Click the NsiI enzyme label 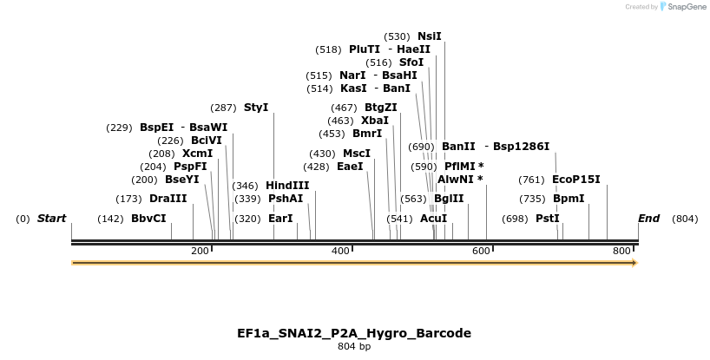(430, 36)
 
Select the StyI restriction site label (256, 108)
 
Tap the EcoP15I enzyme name (575, 180)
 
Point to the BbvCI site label (148, 219)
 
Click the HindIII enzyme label (287, 185)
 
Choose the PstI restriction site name (547, 219)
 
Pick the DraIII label (168, 199)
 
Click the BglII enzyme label (449, 199)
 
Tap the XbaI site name (375, 121)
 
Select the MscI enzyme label (357, 154)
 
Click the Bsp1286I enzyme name (521, 147)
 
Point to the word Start (51, 219)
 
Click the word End (649, 219)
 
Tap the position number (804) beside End (684, 219)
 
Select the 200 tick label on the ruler (200, 251)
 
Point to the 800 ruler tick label (621, 251)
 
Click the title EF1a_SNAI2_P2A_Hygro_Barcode (354, 333)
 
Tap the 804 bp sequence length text (354, 347)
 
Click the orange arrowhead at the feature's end (634, 262)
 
